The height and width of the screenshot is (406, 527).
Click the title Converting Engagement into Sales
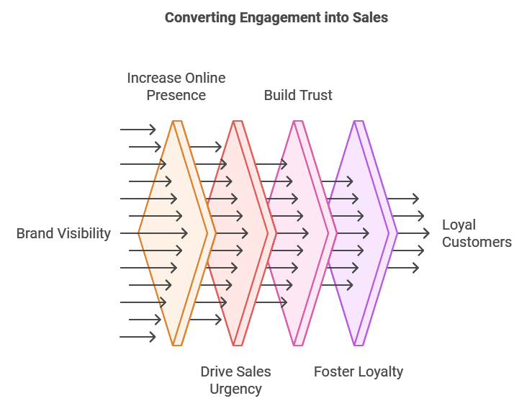[276, 18]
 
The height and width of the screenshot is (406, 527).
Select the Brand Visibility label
[63, 233]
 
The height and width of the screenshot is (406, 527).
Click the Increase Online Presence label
[176, 86]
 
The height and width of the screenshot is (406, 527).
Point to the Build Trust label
[298, 95]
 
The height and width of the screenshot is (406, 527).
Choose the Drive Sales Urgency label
[235, 380]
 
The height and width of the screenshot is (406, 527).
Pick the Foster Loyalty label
[359, 371]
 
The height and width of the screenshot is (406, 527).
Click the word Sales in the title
[369, 18]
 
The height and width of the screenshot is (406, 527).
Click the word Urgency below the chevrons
[235, 389]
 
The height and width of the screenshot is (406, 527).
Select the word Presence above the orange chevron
[176, 95]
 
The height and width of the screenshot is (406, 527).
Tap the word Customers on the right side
[477, 242]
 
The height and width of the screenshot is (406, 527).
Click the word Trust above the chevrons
[316, 95]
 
